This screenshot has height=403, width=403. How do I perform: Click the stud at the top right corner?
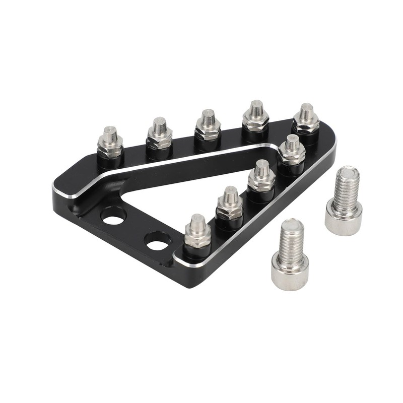pyautogui.click(x=306, y=120)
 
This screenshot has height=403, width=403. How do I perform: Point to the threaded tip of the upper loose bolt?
pyautogui.click(x=347, y=174)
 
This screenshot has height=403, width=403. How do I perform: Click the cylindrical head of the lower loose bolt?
pyautogui.click(x=290, y=273)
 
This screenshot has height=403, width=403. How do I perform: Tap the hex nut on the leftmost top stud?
pyautogui.click(x=110, y=147)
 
